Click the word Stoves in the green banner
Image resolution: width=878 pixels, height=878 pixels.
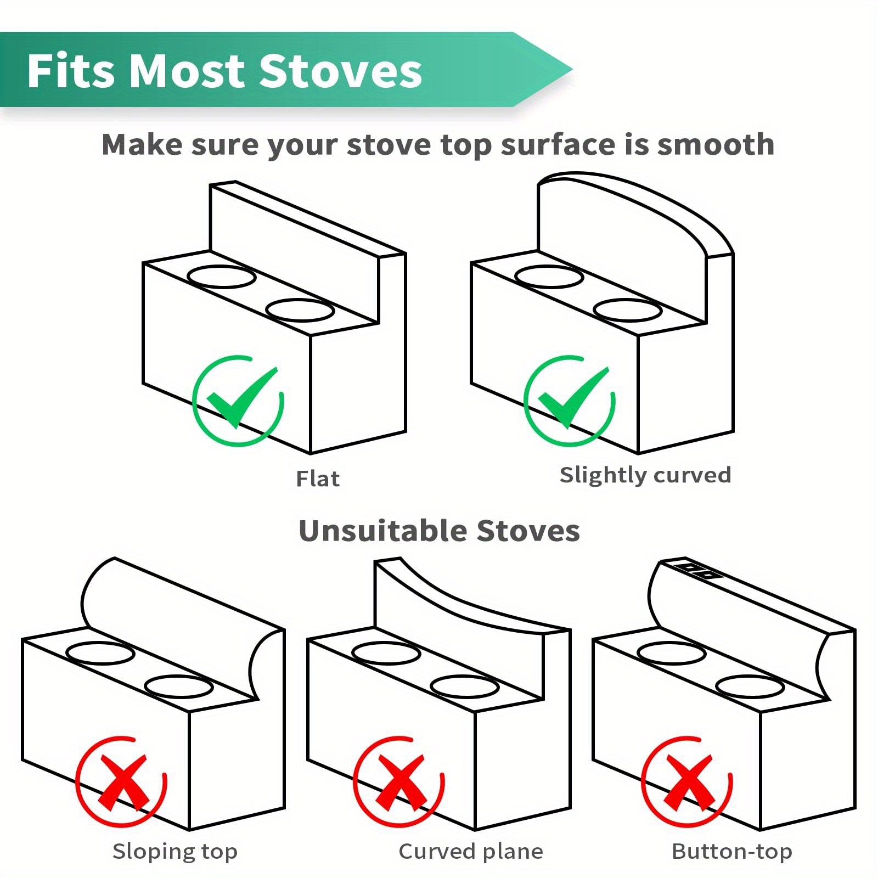pos(340,71)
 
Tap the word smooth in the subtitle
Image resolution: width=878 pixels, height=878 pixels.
pos(716,145)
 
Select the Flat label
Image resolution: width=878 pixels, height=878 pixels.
pos(318,479)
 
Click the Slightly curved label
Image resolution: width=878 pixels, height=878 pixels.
pos(645,475)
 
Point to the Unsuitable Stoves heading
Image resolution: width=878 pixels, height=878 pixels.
pos(439,531)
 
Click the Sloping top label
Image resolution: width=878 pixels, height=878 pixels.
pos(175,851)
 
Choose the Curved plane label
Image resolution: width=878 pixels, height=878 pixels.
pos(471,851)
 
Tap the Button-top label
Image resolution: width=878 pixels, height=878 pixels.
pos(732,851)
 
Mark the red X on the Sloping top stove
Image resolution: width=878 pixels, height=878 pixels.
pos(121,781)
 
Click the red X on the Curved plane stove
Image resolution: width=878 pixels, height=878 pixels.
pos(399,781)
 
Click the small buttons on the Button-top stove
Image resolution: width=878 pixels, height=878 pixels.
pos(697,571)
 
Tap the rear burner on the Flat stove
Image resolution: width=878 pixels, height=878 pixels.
pos(221,277)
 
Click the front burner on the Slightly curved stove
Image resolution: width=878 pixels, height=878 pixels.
pos(628,310)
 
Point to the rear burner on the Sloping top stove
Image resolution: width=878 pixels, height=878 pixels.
pos(100,653)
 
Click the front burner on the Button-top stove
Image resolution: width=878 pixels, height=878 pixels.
pos(750,686)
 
